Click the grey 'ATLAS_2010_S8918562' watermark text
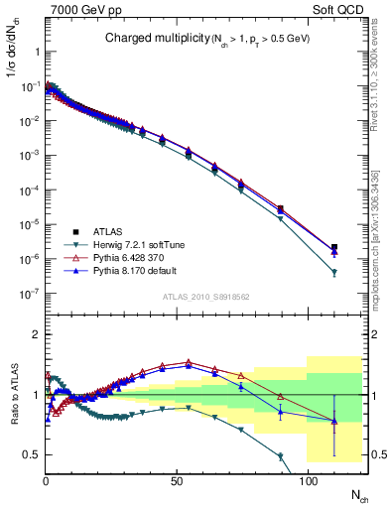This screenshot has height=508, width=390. pos(206,297)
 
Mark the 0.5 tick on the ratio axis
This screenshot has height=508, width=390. pos(32,454)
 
